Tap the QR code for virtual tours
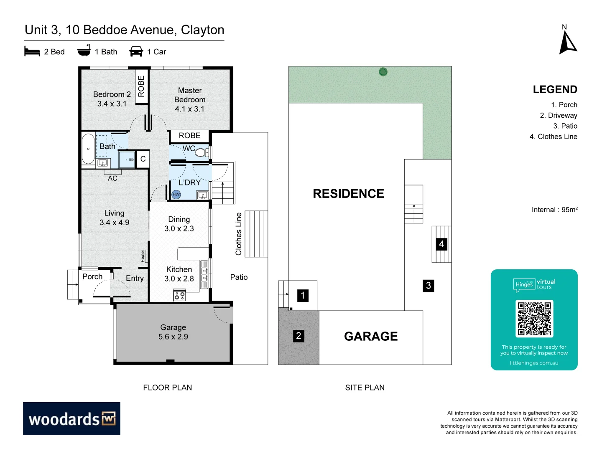pyautogui.click(x=534, y=319)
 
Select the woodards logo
pyautogui.click(x=71, y=418)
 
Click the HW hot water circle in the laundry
pyautogui.click(x=176, y=194)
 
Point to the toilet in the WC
pyautogui.click(x=201, y=152)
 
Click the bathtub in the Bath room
pyautogui.click(x=88, y=149)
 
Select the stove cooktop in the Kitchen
pyautogui.click(x=180, y=296)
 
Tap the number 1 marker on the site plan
pyautogui.click(x=303, y=296)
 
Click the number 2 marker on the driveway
pyautogui.click(x=298, y=336)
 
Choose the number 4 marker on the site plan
pyautogui.click(x=441, y=244)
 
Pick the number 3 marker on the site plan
pyautogui.click(x=428, y=286)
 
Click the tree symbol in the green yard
pyautogui.click(x=383, y=72)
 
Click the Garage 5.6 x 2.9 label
pyautogui.click(x=173, y=332)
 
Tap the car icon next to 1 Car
pyautogui.click(x=136, y=51)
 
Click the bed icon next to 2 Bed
pyautogui.click(x=32, y=51)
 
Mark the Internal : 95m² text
pyautogui.click(x=554, y=210)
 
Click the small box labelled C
pyautogui.click(x=143, y=159)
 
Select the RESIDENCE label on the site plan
pyautogui.click(x=348, y=194)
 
